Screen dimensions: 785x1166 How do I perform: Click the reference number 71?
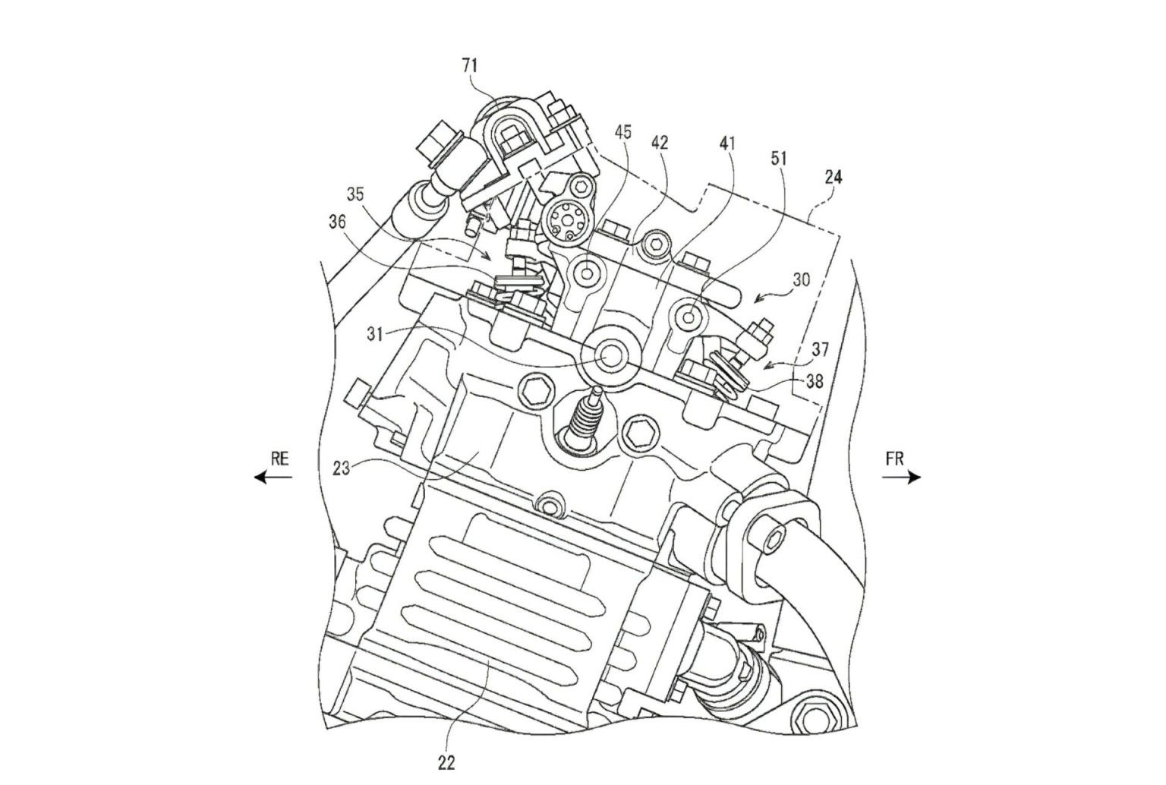pyautogui.click(x=470, y=66)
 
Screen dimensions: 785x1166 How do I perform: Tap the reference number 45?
pyautogui.click(x=622, y=132)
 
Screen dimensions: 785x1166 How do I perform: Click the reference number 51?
pyautogui.click(x=779, y=159)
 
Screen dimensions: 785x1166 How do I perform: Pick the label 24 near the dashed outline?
pyautogui.click(x=834, y=178)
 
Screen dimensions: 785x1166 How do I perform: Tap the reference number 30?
pyautogui.click(x=802, y=279)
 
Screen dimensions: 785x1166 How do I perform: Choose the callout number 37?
pyautogui.click(x=819, y=350)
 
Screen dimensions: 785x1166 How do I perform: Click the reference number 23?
pyautogui.click(x=342, y=468)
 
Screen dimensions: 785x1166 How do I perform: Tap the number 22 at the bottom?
pyautogui.click(x=446, y=761)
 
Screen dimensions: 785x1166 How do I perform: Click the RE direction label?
pyautogui.click(x=281, y=459)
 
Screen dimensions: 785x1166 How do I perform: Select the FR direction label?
pyautogui.click(x=895, y=459)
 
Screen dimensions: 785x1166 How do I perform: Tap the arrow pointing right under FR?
pyautogui.click(x=902, y=478)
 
